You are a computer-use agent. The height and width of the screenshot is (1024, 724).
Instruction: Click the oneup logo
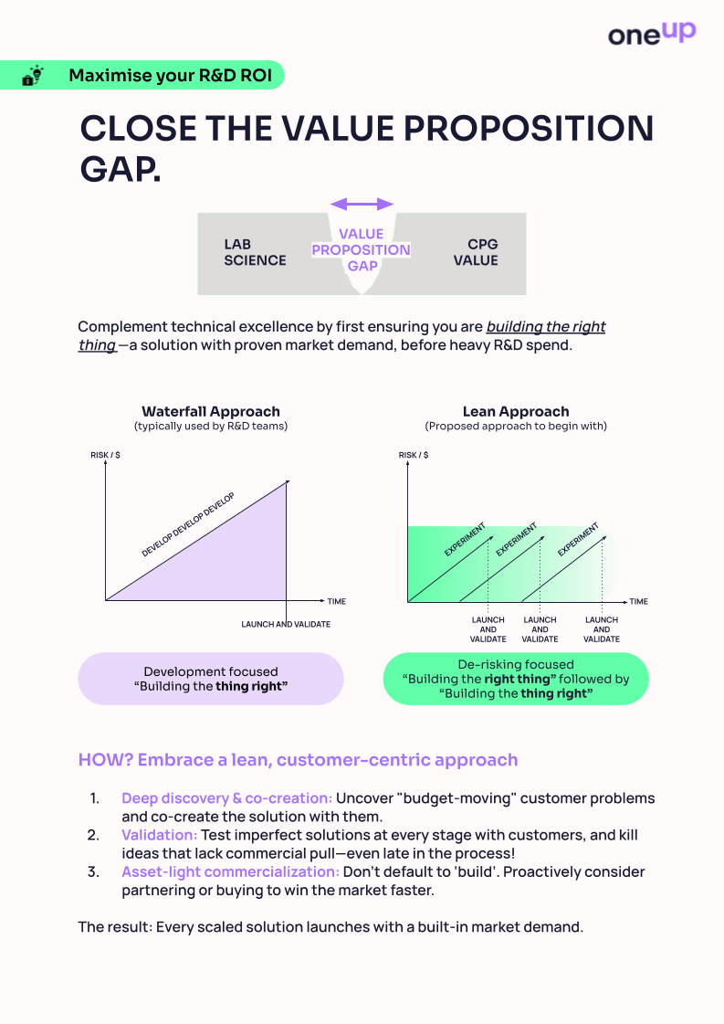tap(651, 34)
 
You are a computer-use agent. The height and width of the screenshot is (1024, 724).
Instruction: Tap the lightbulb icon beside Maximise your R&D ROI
tap(33, 76)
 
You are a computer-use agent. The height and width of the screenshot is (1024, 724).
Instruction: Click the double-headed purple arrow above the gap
tap(362, 204)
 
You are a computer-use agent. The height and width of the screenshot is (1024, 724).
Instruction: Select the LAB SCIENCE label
tap(255, 252)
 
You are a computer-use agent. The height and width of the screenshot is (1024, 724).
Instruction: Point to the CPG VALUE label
tap(482, 252)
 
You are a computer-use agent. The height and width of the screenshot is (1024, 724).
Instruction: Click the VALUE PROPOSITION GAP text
tap(362, 249)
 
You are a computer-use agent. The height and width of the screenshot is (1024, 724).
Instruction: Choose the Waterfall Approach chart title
tap(211, 411)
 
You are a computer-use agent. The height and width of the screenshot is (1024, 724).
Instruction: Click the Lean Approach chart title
tap(516, 411)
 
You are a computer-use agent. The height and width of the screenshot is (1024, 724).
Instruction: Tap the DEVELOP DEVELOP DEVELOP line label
tap(188, 525)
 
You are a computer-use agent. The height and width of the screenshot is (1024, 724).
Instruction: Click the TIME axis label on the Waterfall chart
tap(337, 601)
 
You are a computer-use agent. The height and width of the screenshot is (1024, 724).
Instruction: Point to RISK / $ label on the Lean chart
tap(413, 455)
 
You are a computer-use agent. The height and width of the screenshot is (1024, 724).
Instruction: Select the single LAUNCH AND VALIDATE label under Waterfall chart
tap(286, 624)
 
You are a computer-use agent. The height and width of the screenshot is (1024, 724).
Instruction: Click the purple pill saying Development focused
tap(211, 679)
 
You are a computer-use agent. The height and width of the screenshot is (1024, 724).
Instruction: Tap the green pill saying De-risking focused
tap(516, 679)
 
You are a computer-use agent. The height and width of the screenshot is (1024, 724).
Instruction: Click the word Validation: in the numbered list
tap(159, 835)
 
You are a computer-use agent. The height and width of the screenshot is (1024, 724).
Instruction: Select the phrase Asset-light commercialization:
tap(230, 871)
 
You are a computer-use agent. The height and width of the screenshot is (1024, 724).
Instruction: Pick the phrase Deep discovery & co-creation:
tap(226, 798)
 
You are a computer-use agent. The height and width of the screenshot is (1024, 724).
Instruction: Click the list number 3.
tap(93, 871)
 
